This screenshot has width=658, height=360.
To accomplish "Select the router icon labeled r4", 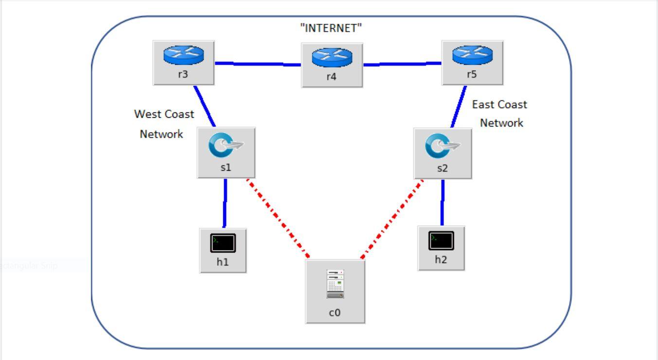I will (332, 57).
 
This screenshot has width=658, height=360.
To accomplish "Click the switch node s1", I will (226, 147).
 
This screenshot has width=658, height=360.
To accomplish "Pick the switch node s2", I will (443, 148).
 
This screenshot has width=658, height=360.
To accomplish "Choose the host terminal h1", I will (223, 243).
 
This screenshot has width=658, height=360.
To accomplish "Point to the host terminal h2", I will (441, 240).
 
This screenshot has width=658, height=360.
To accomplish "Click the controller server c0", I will (335, 285).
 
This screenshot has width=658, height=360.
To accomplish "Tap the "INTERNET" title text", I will (331, 28).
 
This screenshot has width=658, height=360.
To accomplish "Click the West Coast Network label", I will (163, 124).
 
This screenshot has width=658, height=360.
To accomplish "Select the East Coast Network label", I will (500, 113).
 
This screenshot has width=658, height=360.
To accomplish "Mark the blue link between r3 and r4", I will (258, 64).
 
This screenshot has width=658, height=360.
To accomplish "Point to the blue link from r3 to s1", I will (204, 106).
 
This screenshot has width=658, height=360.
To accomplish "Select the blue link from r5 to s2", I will (458, 107).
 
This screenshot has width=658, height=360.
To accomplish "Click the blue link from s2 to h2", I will (443, 202).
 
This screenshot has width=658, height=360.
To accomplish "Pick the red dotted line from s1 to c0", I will (278, 219).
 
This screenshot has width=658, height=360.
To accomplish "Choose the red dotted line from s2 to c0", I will (392, 219).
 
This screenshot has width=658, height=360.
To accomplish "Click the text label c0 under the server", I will (335, 313).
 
